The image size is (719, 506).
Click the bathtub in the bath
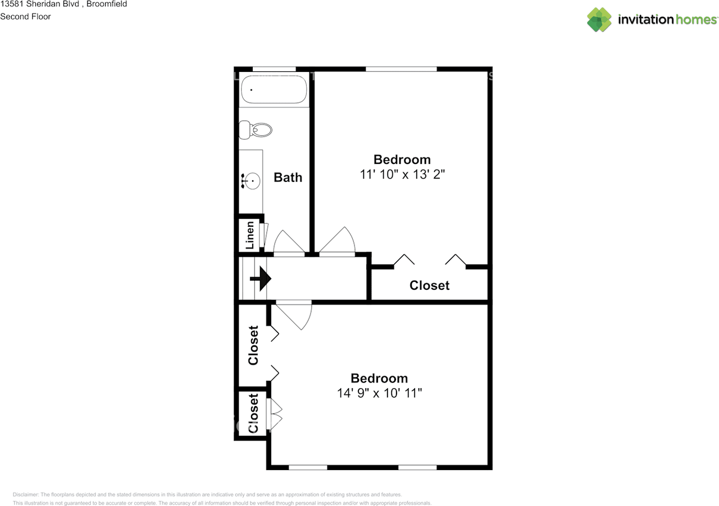[274, 90]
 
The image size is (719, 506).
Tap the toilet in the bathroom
[256, 130]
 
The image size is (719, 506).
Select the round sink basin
[252, 181]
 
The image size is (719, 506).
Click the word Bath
[288, 177]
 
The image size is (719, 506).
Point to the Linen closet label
[251, 235]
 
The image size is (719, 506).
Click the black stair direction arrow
[261, 279]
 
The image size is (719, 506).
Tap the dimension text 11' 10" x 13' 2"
[402, 174]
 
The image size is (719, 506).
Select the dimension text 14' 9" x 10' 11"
[379, 393]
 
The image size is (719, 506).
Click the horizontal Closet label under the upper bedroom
[429, 285]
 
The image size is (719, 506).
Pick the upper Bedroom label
[402, 159]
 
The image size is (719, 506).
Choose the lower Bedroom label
[379, 378]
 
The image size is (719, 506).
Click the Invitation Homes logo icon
[599, 20]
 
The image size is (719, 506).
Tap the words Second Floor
[25, 16]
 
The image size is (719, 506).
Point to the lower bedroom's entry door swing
[295, 314]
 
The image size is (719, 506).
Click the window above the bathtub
[274, 69]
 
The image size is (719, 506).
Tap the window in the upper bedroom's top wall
[401, 69]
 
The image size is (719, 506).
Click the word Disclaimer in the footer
[26, 494]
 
